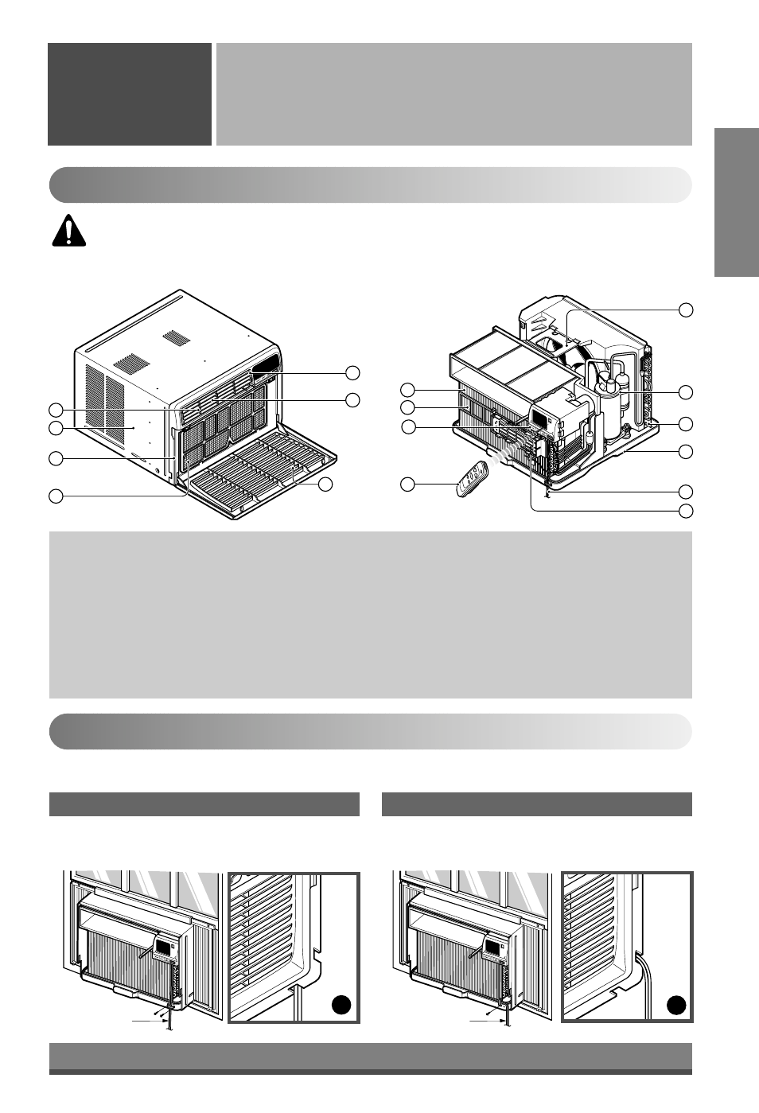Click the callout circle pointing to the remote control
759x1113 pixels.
coord(407,484)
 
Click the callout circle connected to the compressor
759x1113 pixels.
coord(685,391)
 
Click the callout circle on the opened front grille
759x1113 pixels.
coord(325,484)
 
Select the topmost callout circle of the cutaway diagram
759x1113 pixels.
coord(685,309)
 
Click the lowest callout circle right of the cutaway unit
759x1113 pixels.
coord(685,509)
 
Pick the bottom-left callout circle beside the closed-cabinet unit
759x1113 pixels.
coord(56,496)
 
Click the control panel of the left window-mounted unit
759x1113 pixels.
coord(164,948)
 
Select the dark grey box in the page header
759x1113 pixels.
coord(129,94)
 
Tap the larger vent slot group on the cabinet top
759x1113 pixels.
coord(132,365)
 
